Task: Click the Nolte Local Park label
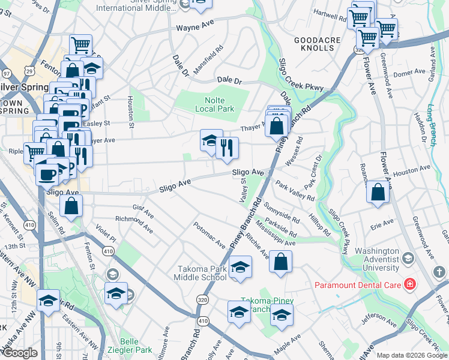click(x=214, y=104)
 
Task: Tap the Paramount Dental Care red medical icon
click(x=410, y=283)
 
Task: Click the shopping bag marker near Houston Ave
click(x=378, y=193)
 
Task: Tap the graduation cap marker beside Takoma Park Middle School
click(x=240, y=267)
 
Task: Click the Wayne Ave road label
click(x=195, y=28)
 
